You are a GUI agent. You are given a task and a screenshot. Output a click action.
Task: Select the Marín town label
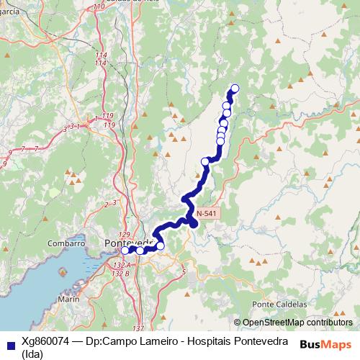point(70,298)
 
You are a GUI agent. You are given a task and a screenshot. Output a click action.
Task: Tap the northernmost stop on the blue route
point(233,89)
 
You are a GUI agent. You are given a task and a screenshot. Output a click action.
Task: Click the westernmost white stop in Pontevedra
point(125,251)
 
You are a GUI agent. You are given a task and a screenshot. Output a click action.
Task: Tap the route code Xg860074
point(48,341)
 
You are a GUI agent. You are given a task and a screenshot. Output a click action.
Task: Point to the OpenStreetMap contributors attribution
point(297,323)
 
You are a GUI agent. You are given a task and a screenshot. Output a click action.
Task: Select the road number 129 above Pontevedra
point(124,235)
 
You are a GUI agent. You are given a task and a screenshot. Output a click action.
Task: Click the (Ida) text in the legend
point(33,353)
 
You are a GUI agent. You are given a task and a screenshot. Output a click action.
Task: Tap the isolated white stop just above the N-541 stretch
point(206,162)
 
